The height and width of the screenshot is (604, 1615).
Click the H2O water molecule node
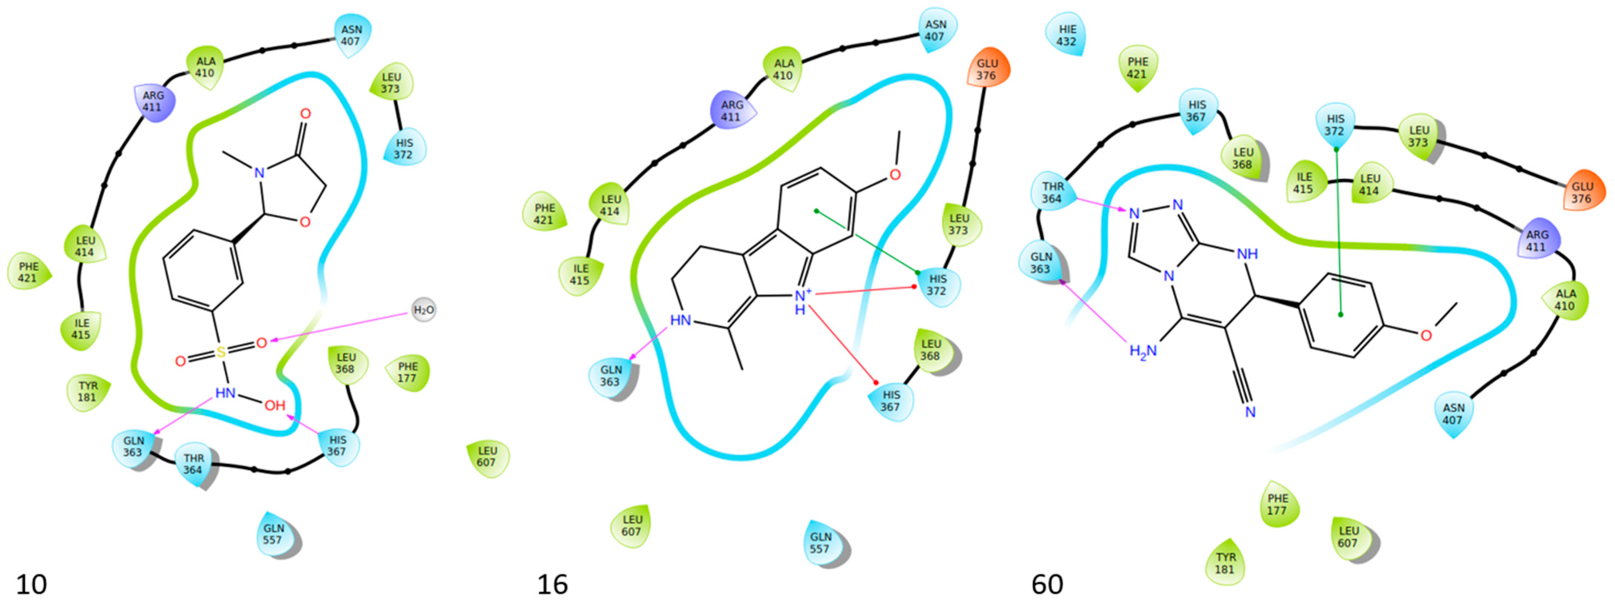(423, 310)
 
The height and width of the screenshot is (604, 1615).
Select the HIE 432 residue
(1067, 36)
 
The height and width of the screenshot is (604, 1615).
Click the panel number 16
(553, 584)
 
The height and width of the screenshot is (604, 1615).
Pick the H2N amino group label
(1142, 351)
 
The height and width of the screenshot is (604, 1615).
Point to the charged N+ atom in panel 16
(802, 294)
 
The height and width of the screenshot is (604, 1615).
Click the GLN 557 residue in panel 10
(274, 534)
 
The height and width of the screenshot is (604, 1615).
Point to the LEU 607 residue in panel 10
(487, 457)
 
